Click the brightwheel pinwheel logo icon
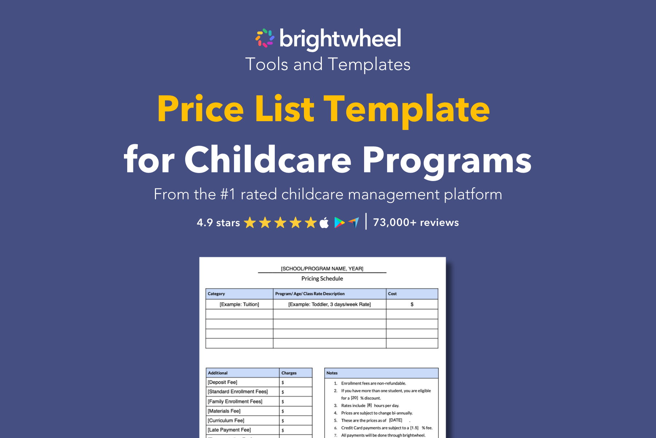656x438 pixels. pyautogui.click(x=265, y=38)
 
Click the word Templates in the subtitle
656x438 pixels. pyautogui.click(x=369, y=65)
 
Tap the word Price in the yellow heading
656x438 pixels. pyautogui.click(x=200, y=109)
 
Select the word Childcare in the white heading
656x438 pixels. pyautogui.click(x=268, y=160)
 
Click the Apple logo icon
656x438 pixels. pyautogui.click(x=324, y=222)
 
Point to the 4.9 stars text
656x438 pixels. pyautogui.click(x=218, y=223)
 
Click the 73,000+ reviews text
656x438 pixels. pyautogui.click(x=416, y=222)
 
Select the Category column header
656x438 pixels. pyautogui.click(x=216, y=294)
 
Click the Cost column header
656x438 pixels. pyautogui.click(x=392, y=294)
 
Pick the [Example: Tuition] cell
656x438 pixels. pyautogui.click(x=239, y=304)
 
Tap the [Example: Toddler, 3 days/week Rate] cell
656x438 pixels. pyautogui.click(x=329, y=304)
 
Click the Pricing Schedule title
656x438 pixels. pyautogui.click(x=322, y=278)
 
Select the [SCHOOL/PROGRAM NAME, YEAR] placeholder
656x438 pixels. pyautogui.click(x=322, y=269)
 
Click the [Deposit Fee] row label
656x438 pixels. pyautogui.click(x=222, y=382)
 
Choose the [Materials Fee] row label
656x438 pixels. pyautogui.click(x=224, y=411)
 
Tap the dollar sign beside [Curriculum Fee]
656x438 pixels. pyautogui.click(x=283, y=421)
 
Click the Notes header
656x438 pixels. pyautogui.click(x=332, y=373)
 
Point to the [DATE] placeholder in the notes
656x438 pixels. pyautogui.click(x=395, y=420)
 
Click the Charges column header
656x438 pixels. pyautogui.click(x=289, y=373)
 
